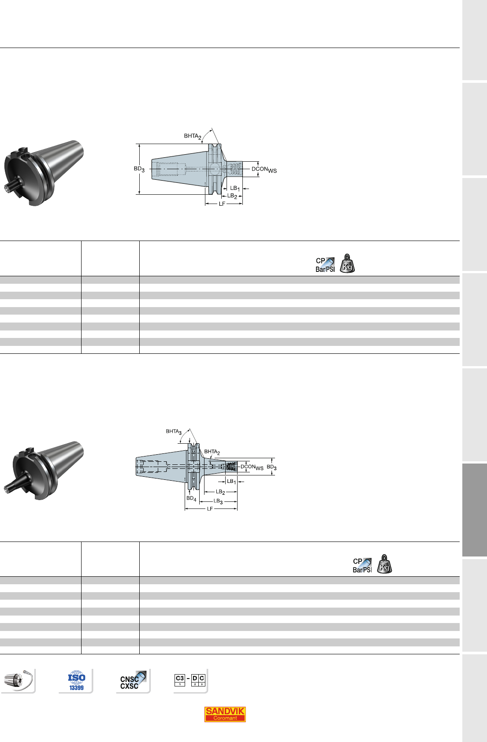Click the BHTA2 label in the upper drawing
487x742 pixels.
(x=193, y=136)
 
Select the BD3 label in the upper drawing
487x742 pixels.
(x=139, y=169)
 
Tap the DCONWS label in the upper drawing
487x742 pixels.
(x=264, y=170)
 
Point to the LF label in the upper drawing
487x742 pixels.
(x=222, y=204)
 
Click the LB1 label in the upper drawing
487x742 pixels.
(x=235, y=189)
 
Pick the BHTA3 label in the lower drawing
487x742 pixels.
(x=174, y=432)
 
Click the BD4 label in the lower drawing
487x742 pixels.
(x=191, y=498)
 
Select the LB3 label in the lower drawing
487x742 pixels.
(x=218, y=501)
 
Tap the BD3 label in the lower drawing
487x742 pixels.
(x=271, y=467)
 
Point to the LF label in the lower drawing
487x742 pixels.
(x=210, y=509)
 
